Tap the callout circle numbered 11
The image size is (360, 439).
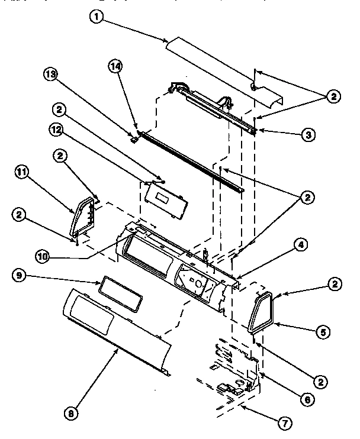coord(21,173)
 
